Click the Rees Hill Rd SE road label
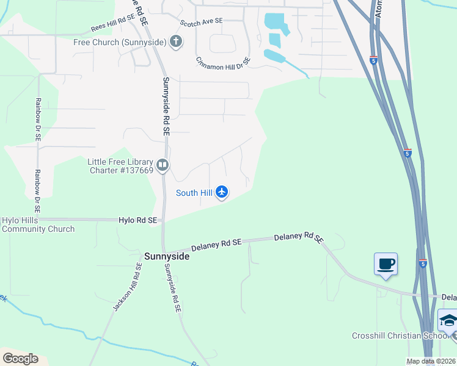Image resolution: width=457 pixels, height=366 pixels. point(112,27)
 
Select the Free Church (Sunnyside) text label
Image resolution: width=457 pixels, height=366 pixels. point(119,42)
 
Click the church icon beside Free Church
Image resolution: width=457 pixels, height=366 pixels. point(176,42)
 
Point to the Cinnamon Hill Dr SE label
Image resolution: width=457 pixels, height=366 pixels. point(224,63)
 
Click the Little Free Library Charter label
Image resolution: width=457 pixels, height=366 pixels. point(120,166)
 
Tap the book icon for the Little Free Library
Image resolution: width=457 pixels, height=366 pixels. point(163,165)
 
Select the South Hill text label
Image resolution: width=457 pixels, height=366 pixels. point(194,193)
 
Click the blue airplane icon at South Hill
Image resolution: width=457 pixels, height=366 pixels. point(221,193)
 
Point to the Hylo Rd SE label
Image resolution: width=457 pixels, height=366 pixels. point(138,220)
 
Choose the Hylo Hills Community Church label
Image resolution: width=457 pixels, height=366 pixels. point(38,224)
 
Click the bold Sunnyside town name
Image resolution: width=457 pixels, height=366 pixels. point(167,257)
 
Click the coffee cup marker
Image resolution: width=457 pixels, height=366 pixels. point(386,264)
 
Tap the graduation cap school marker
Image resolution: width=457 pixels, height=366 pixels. point(448,320)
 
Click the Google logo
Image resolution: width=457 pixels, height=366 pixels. point(20,359)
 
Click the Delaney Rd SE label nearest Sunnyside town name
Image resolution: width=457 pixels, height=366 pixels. point(216,245)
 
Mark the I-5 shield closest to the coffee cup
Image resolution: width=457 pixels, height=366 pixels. point(422,263)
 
